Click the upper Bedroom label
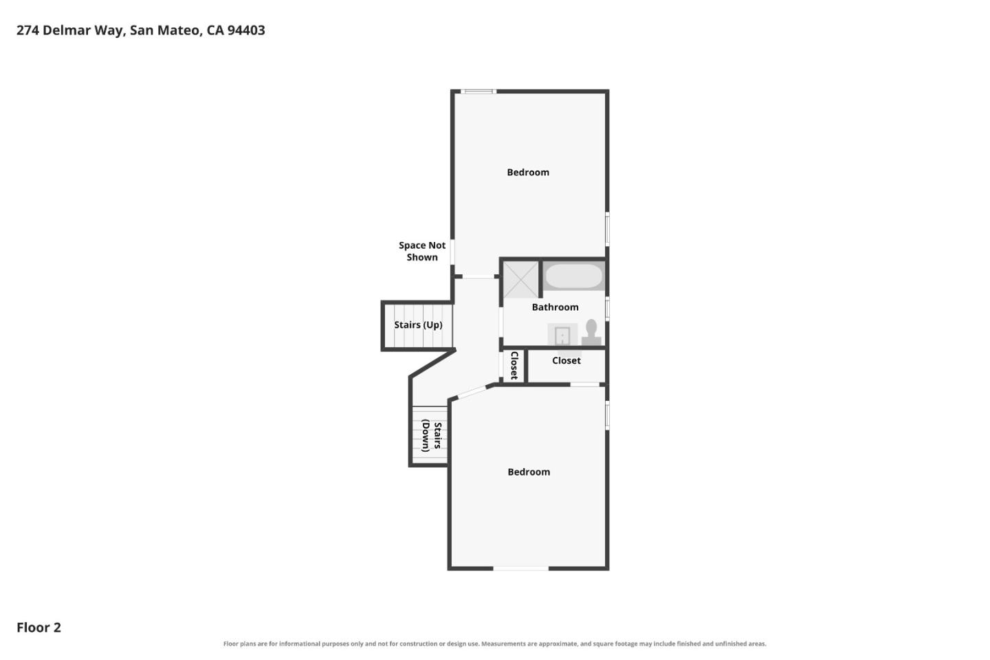pyautogui.click(x=528, y=173)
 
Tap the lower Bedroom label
pyautogui.click(x=529, y=472)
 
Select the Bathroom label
pyautogui.click(x=555, y=307)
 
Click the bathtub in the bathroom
pyautogui.click(x=573, y=276)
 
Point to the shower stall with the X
pyautogui.click(x=521, y=279)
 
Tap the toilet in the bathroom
pyautogui.click(x=591, y=333)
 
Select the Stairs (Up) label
pyautogui.click(x=418, y=325)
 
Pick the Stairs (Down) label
pyautogui.click(x=432, y=435)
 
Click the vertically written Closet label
pyautogui.click(x=514, y=366)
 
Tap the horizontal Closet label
pyautogui.click(x=566, y=361)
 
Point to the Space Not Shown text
pyautogui.click(x=422, y=251)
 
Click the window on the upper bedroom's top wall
pyautogui.click(x=478, y=91)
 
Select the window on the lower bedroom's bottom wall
pyautogui.click(x=520, y=568)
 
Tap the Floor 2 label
pyautogui.click(x=39, y=627)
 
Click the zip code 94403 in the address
pyautogui.click(x=246, y=30)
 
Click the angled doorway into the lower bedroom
pyautogui.click(x=472, y=392)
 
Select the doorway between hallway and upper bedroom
pyautogui.click(x=478, y=277)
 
